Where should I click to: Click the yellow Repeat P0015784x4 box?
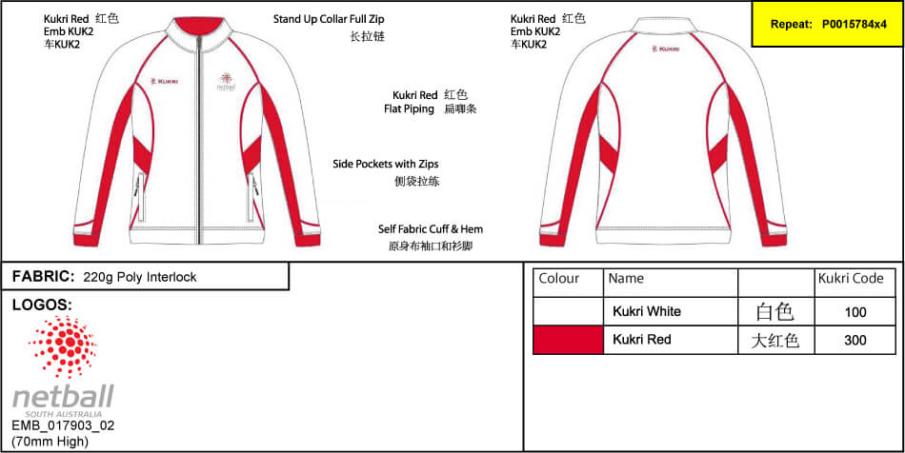click(x=828, y=24)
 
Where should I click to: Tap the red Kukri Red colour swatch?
click(x=568, y=340)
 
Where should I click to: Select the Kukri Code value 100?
click(x=855, y=312)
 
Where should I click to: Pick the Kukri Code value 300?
click(x=855, y=340)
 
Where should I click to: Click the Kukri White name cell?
click(x=647, y=312)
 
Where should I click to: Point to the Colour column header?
click(x=558, y=279)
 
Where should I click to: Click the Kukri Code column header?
click(x=851, y=279)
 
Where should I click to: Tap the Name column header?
click(x=626, y=279)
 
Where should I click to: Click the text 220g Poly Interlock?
click(x=140, y=277)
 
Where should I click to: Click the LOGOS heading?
click(x=42, y=305)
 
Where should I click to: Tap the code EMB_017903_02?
click(x=64, y=426)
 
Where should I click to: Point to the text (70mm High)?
click(x=50, y=442)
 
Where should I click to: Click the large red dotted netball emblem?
click(x=63, y=347)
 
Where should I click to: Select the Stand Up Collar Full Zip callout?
click(x=329, y=19)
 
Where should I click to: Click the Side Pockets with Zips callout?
click(x=386, y=164)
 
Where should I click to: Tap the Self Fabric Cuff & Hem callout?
click(x=431, y=228)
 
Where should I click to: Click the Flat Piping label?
click(x=409, y=108)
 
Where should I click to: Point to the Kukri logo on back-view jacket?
click(x=664, y=49)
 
